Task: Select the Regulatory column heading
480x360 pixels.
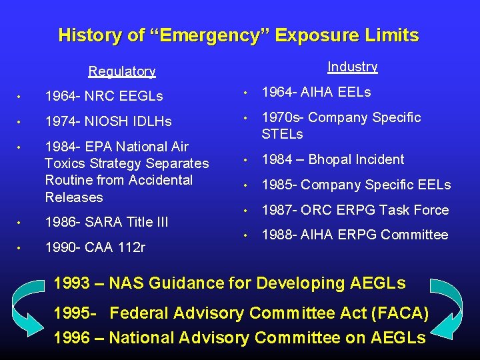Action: pos(122,71)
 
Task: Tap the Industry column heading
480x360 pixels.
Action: pos(352,67)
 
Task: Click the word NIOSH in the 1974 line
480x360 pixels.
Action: pos(105,121)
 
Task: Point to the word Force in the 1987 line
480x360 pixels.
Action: pos(431,209)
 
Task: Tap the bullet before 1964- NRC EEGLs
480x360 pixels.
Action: pos(20,97)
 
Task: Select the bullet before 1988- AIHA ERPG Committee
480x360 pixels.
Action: pos(245,235)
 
